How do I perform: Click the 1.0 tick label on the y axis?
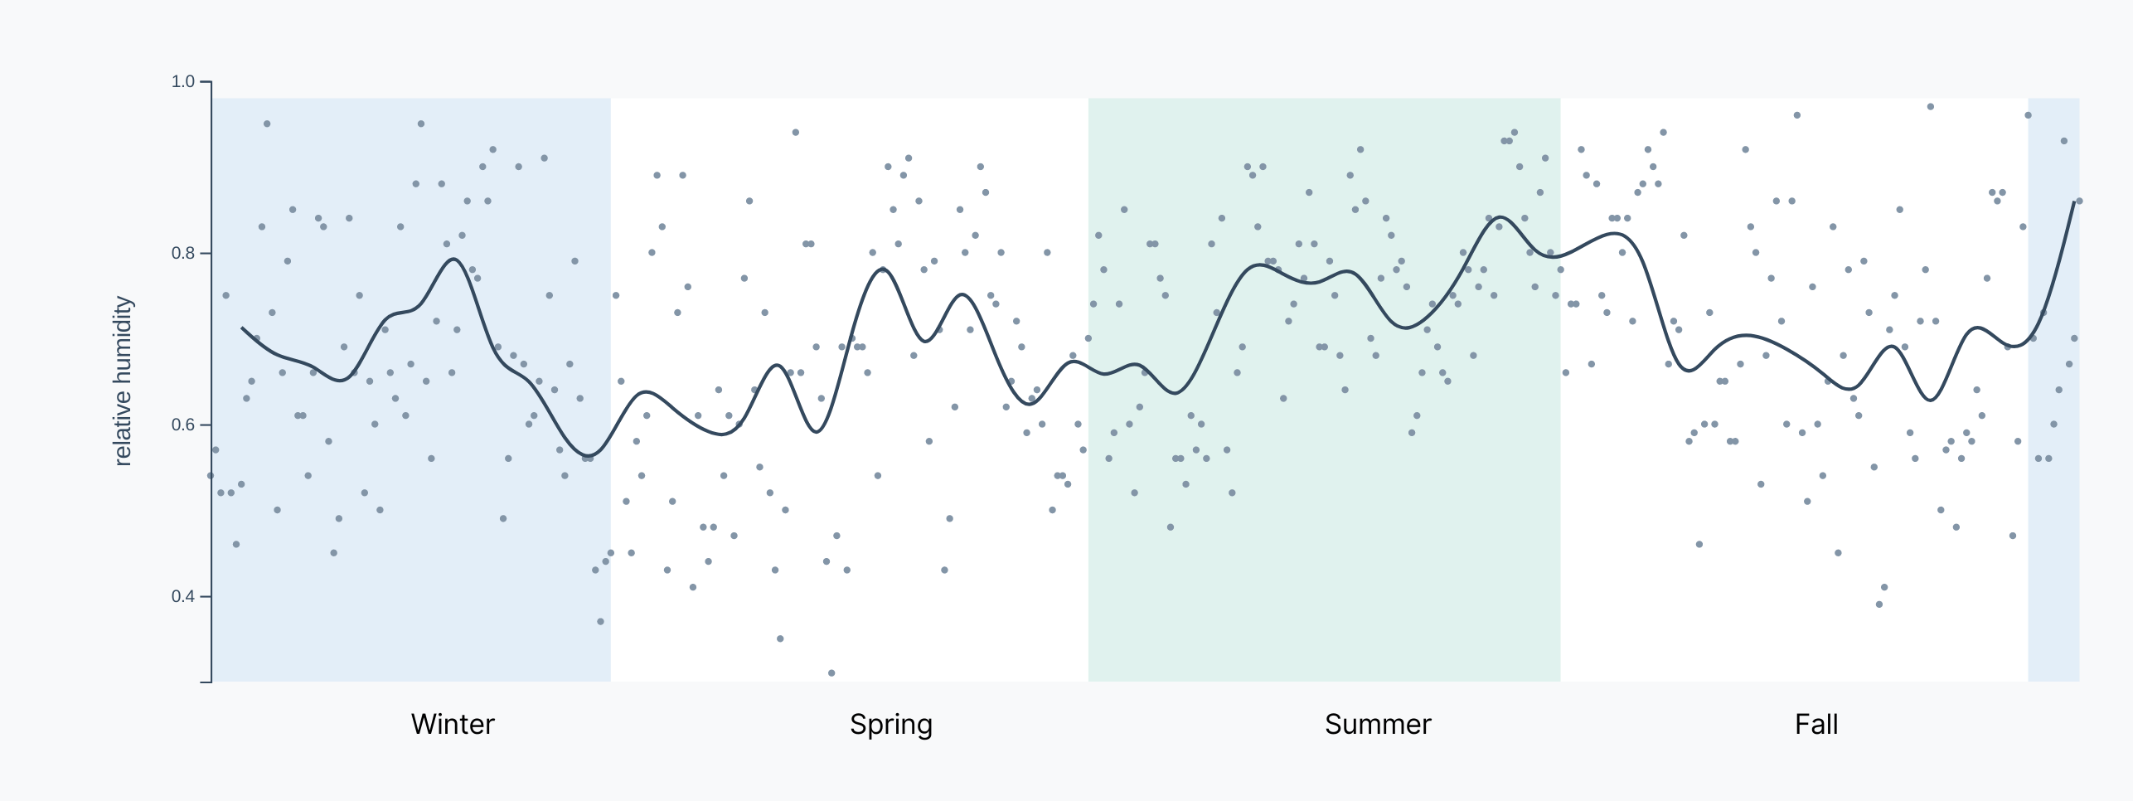pyautogui.click(x=182, y=81)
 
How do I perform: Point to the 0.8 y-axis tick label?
pyautogui.click(x=182, y=253)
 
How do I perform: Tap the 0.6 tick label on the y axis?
pyautogui.click(x=182, y=425)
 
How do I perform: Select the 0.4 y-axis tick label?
pyautogui.click(x=182, y=596)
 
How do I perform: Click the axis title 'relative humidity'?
pyautogui.click(x=123, y=381)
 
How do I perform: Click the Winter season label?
pyautogui.click(x=453, y=724)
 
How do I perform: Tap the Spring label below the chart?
pyautogui.click(x=891, y=725)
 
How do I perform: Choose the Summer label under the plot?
pyautogui.click(x=1378, y=724)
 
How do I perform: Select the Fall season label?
pyautogui.click(x=1816, y=724)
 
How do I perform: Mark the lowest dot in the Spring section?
pyautogui.click(x=831, y=673)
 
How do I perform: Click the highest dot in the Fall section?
pyautogui.click(x=1931, y=107)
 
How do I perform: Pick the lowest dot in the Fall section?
pyautogui.click(x=1879, y=604)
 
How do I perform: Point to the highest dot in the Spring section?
pyautogui.click(x=796, y=133)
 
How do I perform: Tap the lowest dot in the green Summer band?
pyautogui.click(x=1171, y=527)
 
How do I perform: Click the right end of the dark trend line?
pyautogui.click(x=2074, y=201)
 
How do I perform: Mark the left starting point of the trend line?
pyautogui.click(x=242, y=328)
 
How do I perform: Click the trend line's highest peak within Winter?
pyautogui.click(x=453, y=259)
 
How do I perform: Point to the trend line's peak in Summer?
pyautogui.click(x=1501, y=217)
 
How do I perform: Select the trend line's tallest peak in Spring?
pyautogui.click(x=882, y=269)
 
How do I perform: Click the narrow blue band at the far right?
pyautogui.click(x=2054, y=390)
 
